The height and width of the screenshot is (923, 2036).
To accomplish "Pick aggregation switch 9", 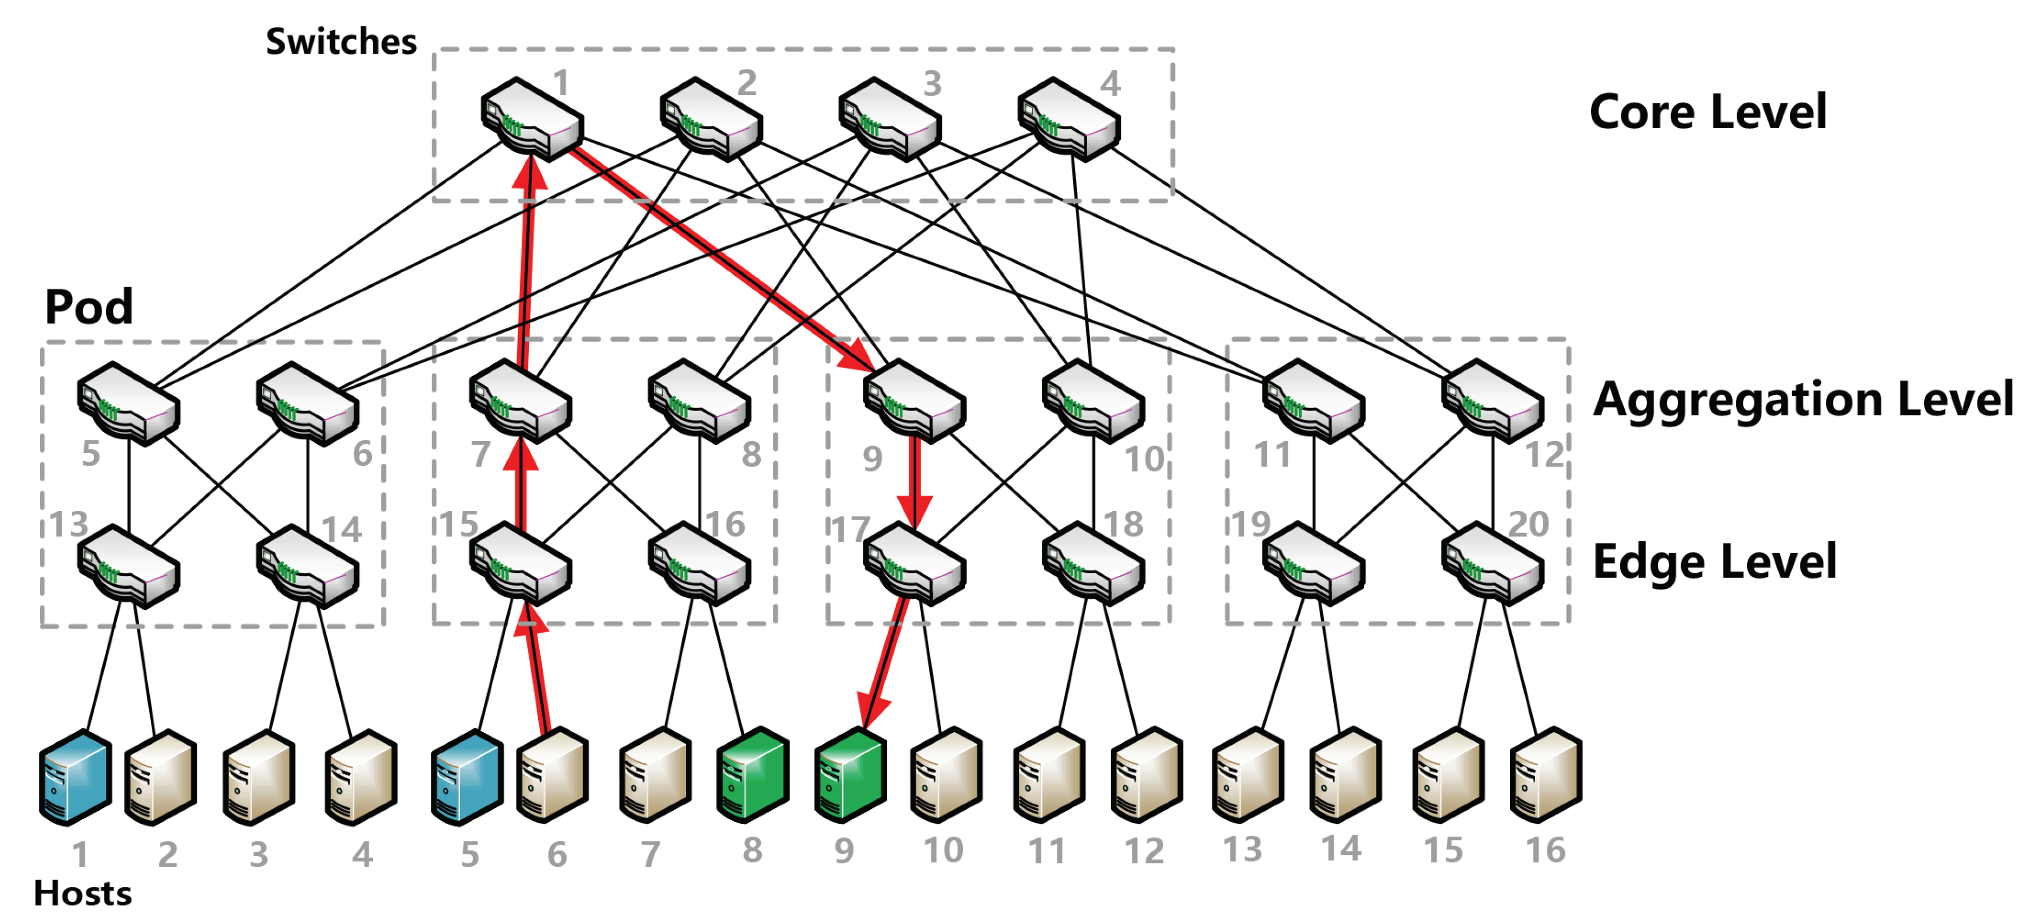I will click(914, 401).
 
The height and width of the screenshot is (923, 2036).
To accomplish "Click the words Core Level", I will click(1707, 112).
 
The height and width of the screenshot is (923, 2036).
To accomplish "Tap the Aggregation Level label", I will click(1802, 399).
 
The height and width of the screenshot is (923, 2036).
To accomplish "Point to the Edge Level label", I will click(1714, 562).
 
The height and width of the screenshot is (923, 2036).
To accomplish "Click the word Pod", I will click(88, 307).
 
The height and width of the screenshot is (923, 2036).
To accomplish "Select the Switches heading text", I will click(341, 41).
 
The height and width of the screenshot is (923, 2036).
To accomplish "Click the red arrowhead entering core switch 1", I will click(530, 174).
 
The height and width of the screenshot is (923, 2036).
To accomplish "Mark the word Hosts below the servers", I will click(82, 894).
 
